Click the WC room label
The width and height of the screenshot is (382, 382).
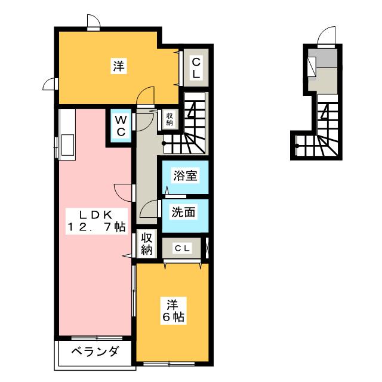pos(120,126)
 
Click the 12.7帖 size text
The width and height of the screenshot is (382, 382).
pos(95,227)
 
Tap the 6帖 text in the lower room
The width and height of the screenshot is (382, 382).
pos(172,317)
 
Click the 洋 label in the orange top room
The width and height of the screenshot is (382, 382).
pos(119,66)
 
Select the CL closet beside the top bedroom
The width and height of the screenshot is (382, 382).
pos(196,67)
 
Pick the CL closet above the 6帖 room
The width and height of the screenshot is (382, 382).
pos(182,248)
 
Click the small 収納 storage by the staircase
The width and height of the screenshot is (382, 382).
pos(169,119)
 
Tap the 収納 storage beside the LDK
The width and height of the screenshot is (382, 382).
pos(147,243)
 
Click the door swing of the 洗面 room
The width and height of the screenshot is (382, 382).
pos(149,210)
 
